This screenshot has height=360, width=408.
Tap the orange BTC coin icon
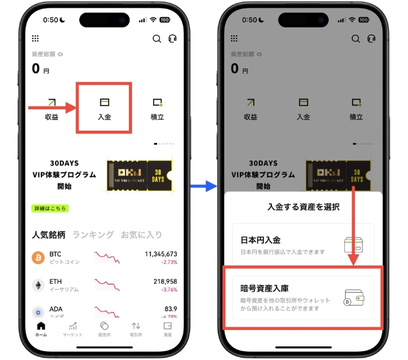[38, 257]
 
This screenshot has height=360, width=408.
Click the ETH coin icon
[38, 285]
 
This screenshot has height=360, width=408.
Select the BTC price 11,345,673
[161, 254]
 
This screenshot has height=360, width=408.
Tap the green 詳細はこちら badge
[50, 208]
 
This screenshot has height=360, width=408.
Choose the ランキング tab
[93, 235]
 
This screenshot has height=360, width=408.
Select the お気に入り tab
[141, 235]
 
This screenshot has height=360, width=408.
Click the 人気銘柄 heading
[49, 235]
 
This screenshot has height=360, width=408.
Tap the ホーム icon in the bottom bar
[41, 328]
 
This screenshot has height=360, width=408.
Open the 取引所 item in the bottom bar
[136, 328]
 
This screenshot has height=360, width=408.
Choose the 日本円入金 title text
[260, 240]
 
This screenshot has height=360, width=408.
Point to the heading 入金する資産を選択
[303, 207]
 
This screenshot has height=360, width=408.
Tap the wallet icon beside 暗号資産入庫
[354, 297]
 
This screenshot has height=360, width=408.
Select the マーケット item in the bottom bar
[73, 328]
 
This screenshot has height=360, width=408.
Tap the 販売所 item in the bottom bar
[104, 328]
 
